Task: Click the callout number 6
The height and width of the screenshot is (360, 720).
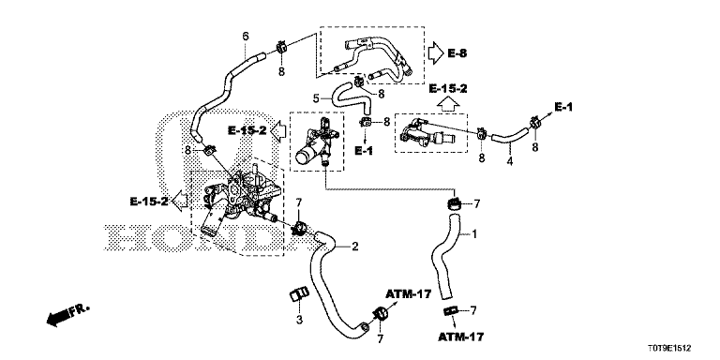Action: click(246, 36)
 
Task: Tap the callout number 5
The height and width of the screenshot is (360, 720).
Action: click(316, 97)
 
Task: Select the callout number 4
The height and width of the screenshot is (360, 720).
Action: click(510, 161)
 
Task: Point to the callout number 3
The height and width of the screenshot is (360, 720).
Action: click(299, 320)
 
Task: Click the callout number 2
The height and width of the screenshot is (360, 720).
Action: click(354, 247)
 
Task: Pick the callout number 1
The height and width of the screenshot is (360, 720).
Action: click(474, 234)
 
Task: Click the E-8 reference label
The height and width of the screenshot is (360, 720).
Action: click(457, 53)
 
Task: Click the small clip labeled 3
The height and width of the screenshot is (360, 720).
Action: click(298, 292)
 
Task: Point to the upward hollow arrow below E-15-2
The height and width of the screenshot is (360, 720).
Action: click(447, 104)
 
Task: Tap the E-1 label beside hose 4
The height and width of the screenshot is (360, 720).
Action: click(563, 107)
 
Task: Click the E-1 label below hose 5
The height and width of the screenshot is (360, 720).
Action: click(364, 151)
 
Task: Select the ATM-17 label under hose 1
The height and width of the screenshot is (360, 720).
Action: click(460, 337)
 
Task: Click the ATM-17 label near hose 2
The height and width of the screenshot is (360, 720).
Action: click(409, 293)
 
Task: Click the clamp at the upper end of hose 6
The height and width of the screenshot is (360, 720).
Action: click(281, 46)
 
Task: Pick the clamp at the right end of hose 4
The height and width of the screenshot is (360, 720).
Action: click(534, 123)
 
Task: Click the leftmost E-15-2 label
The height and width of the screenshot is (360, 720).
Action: click(149, 202)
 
